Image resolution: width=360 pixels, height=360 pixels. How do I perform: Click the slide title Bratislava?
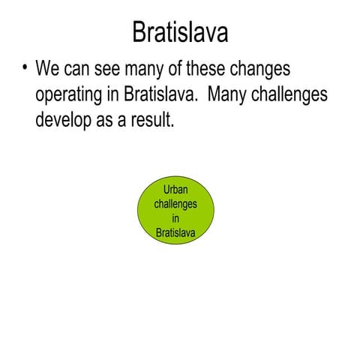coord(180,32)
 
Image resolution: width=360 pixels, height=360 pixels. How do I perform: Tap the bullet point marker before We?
coord(24,69)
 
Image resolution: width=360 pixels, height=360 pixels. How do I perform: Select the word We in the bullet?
coord(48,71)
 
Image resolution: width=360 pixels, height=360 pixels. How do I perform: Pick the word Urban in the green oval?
coord(175,190)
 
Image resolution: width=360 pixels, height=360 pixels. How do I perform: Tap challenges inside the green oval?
coord(175,204)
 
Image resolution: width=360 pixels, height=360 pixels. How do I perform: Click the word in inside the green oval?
coord(175,218)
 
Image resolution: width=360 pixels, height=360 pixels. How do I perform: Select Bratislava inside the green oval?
coord(175,232)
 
